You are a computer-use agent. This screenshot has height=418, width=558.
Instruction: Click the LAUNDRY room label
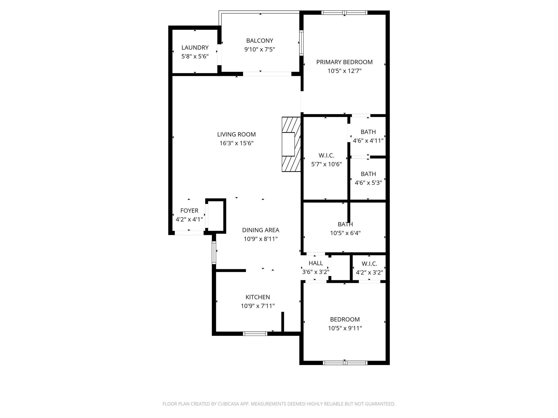click(x=195, y=48)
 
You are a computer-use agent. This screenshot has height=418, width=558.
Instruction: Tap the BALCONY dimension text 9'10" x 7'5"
click(x=259, y=50)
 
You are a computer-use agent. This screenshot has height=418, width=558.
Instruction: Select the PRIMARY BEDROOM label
click(x=344, y=62)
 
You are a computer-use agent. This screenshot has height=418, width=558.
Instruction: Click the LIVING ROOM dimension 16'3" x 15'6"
click(x=236, y=143)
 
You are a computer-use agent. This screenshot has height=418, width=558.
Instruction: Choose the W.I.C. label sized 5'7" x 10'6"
click(x=326, y=155)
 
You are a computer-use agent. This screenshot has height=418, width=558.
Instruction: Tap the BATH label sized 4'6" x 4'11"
click(x=368, y=132)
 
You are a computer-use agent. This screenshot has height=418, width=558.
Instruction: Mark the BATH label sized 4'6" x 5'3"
click(x=368, y=174)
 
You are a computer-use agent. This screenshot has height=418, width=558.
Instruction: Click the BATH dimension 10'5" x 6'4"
click(x=345, y=233)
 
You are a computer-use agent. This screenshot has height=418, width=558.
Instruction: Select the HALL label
click(x=316, y=263)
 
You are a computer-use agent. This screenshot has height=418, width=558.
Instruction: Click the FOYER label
click(x=189, y=211)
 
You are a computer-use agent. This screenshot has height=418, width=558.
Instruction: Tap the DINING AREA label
click(x=260, y=230)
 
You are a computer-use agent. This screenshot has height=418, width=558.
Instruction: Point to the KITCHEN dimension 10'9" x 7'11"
click(x=257, y=306)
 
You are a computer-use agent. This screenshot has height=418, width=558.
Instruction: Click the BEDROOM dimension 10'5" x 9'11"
click(x=345, y=328)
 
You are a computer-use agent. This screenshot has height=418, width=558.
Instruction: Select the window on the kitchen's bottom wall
click(x=255, y=334)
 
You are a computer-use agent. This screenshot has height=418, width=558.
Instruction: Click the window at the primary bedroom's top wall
click(x=344, y=13)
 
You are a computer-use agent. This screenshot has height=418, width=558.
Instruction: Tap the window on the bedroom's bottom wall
click(x=345, y=362)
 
